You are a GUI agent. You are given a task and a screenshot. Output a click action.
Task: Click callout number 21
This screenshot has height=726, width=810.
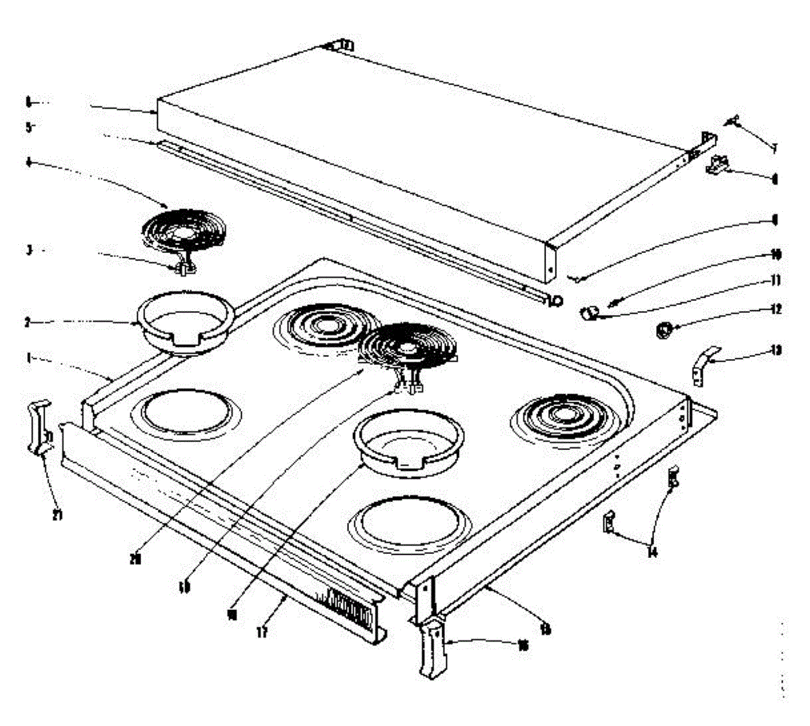pyautogui.click(x=58, y=515)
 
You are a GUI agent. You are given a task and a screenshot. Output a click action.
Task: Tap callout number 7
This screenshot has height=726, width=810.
pyautogui.click(x=775, y=148)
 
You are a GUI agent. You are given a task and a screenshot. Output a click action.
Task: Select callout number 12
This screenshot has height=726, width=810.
pyautogui.click(x=776, y=310)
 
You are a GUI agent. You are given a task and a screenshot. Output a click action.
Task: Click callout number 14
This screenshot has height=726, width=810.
pyautogui.click(x=652, y=553)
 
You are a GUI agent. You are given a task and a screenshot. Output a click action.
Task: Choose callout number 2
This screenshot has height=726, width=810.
pyautogui.click(x=28, y=323)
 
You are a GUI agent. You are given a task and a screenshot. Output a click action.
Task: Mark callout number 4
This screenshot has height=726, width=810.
pyautogui.click(x=28, y=163)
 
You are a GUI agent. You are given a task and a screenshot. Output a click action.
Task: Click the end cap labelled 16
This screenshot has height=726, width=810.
pyautogui.click(x=432, y=648)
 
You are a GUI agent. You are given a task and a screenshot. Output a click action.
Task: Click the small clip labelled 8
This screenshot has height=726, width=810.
pyautogui.click(x=718, y=164)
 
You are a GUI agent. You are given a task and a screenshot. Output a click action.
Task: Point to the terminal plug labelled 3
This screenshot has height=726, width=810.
pyautogui.click(x=182, y=269)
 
